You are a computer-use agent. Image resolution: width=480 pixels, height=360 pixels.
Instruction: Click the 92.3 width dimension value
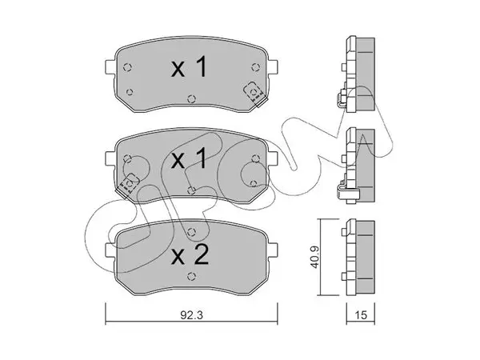191,315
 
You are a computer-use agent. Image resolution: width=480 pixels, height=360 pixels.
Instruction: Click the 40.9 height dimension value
315,257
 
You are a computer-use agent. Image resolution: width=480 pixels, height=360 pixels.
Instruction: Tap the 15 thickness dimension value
361,315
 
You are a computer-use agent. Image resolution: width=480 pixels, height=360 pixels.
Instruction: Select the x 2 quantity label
190,255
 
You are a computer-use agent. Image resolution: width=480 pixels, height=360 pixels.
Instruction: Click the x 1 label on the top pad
189,67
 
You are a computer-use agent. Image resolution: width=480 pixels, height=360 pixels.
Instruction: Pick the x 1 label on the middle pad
189,159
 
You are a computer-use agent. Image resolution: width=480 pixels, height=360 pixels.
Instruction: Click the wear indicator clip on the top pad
254,94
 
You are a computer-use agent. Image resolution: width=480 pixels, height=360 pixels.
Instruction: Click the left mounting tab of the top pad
110,66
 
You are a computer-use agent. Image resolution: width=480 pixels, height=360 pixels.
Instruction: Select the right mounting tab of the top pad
273,66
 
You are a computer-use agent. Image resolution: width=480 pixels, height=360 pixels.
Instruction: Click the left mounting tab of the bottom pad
110,250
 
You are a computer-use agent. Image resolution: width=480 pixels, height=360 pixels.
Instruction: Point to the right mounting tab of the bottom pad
273,250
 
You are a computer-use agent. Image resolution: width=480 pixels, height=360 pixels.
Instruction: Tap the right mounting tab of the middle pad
273,158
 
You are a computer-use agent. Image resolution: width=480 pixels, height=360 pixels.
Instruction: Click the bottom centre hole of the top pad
191,98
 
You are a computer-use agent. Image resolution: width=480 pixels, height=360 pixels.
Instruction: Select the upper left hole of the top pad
127,67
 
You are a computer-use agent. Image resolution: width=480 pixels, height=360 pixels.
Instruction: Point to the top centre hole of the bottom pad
191,232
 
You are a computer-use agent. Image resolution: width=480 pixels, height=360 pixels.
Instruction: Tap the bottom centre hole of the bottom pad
191,276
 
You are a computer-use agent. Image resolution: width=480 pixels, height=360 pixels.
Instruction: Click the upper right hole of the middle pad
255,158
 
